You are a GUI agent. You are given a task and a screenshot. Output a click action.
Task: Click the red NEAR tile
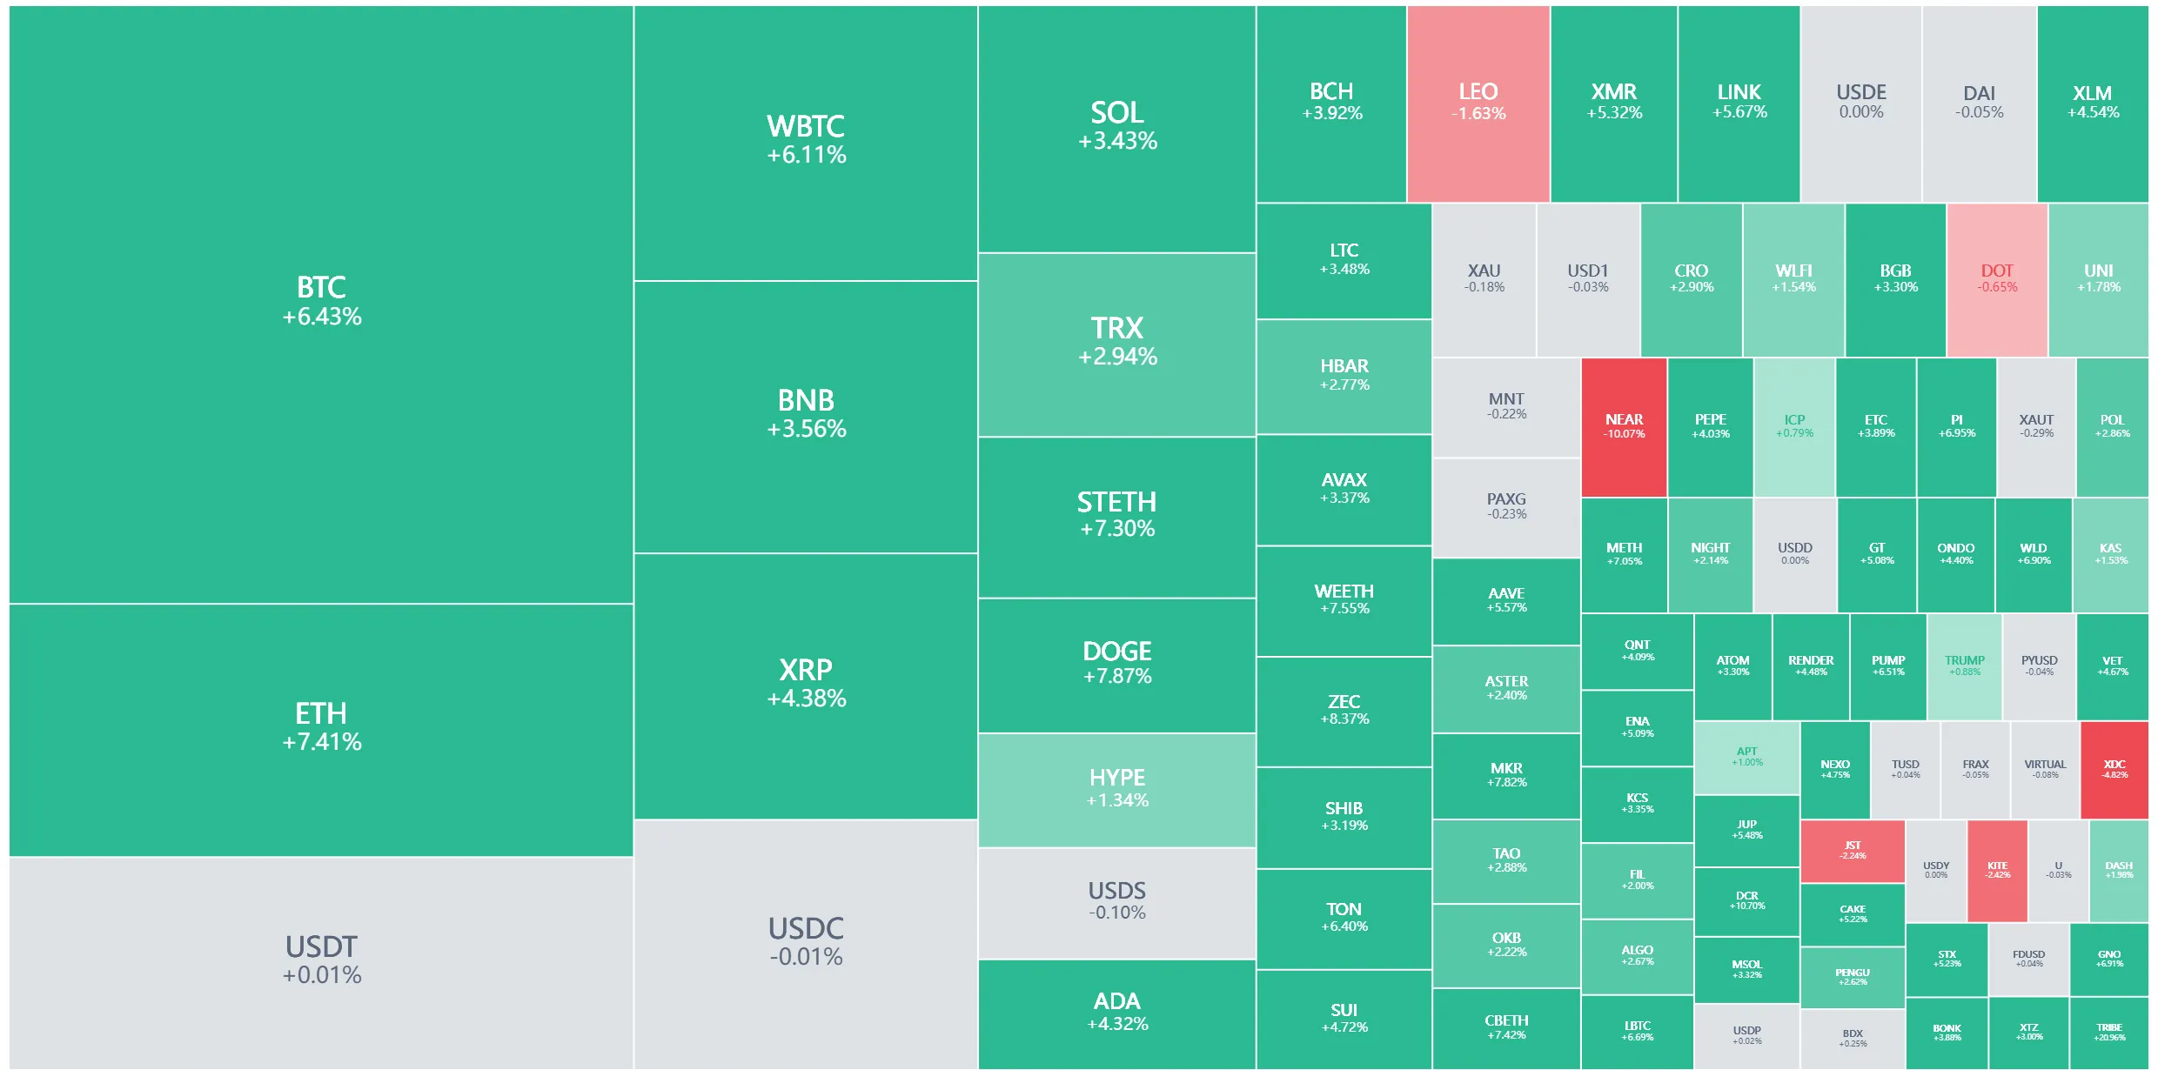(x=1624, y=426)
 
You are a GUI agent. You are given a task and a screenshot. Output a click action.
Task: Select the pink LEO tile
(x=1478, y=103)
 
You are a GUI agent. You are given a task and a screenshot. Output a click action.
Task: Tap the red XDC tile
(x=2114, y=769)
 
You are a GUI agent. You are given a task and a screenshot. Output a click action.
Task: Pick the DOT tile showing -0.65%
(x=1997, y=278)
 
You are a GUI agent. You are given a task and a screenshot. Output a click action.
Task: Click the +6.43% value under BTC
(x=321, y=317)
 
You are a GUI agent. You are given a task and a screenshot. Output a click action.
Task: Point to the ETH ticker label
(x=321, y=714)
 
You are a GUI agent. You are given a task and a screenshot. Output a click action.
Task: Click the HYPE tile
(x=1116, y=788)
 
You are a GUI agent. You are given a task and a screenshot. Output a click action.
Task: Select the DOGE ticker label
(x=1116, y=652)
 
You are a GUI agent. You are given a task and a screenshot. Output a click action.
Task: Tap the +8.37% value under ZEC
(x=1344, y=719)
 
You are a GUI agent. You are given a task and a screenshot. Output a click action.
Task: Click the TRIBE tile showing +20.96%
(x=2109, y=1032)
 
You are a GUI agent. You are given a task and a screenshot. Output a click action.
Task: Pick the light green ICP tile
(x=1794, y=426)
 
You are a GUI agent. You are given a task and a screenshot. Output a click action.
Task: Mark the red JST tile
(x=1853, y=850)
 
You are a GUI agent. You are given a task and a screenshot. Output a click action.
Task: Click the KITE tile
(x=1997, y=870)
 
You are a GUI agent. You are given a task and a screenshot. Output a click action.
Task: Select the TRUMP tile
(x=1964, y=665)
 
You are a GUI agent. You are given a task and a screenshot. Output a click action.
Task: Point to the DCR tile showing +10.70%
(x=1746, y=900)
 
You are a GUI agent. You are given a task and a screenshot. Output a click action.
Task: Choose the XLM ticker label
(x=2092, y=93)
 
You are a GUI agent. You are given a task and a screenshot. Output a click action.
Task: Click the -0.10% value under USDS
(x=1116, y=913)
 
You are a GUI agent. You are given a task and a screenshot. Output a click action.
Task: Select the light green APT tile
(x=1746, y=756)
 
